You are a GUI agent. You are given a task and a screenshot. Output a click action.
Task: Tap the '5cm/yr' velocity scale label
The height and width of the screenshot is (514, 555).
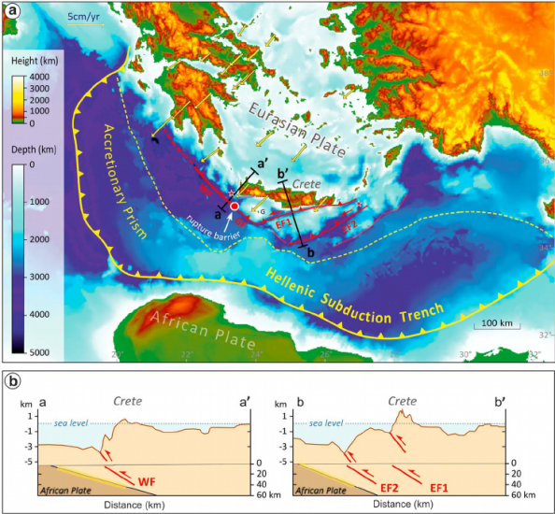pos(86,16)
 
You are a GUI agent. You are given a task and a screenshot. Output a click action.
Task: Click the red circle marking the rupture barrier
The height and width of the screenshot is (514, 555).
pos(235,207)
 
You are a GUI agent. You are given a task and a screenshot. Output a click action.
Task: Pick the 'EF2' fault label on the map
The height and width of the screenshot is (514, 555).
pos(347,225)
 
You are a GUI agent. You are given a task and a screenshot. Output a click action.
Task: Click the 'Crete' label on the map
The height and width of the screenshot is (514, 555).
pos(305,184)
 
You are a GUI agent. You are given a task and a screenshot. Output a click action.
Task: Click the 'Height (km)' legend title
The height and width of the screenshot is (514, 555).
pos(36,61)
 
